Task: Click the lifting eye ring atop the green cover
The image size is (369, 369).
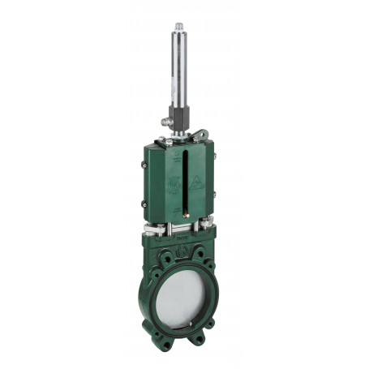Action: [202, 135]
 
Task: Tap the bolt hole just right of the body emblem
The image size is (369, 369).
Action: [195, 254]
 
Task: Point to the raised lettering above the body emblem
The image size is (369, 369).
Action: [180, 240]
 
